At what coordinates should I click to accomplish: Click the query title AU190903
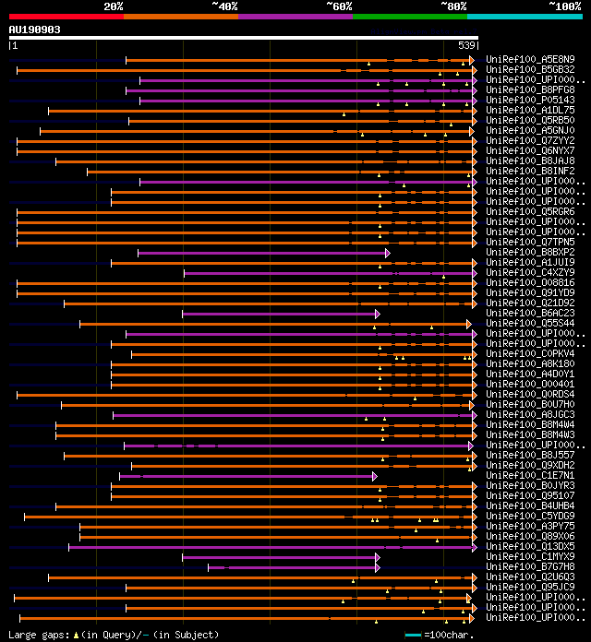pos(34,30)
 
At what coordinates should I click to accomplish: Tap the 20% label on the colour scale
pos(114,6)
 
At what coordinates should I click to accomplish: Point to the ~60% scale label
pos(339,6)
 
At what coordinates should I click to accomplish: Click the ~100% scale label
pos(564,6)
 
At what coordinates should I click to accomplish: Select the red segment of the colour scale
pos(66,16)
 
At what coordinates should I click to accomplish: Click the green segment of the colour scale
pos(409,16)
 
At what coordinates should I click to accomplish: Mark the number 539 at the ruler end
pos(467,45)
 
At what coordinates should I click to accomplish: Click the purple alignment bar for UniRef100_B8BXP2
pos(263,253)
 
